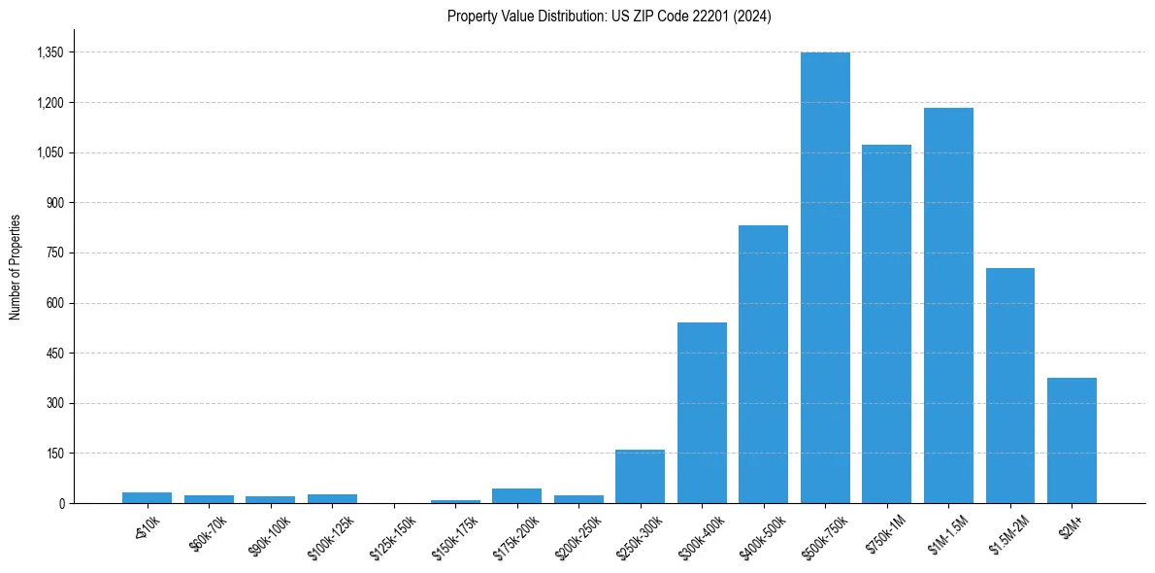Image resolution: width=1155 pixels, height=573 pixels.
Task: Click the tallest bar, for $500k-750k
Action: click(825, 278)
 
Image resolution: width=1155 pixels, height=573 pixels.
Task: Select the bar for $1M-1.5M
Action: click(948, 305)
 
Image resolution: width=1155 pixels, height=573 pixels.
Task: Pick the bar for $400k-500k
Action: click(763, 364)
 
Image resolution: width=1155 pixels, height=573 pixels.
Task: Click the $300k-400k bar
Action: click(702, 413)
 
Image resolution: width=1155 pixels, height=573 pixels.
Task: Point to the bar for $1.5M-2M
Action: click(1009, 386)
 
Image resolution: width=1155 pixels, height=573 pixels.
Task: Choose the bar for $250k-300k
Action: click(640, 476)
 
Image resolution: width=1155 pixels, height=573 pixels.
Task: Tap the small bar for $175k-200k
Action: click(516, 495)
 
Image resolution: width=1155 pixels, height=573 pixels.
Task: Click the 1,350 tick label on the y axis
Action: click(49, 52)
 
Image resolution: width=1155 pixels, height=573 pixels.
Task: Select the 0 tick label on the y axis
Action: click(61, 503)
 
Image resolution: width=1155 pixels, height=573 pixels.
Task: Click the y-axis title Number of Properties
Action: click(15, 267)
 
